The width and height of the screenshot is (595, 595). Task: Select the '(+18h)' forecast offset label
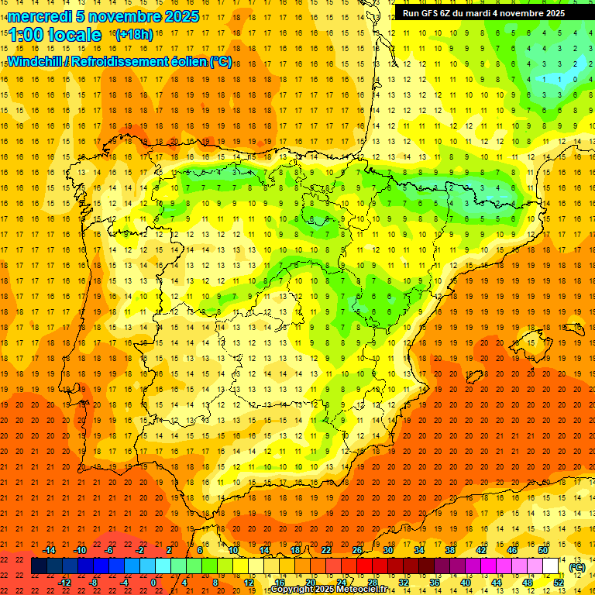(x=133, y=35)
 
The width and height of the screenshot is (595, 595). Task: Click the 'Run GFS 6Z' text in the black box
(x=427, y=13)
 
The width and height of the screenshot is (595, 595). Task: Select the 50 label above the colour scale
(x=543, y=550)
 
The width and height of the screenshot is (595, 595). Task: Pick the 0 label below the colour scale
(x=153, y=583)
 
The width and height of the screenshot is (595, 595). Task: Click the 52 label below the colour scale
(x=559, y=583)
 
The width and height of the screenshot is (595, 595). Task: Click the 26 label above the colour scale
(x=357, y=550)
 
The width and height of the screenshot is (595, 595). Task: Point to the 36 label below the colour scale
(x=435, y=583)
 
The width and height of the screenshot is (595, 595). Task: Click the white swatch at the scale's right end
(x=551, y=566)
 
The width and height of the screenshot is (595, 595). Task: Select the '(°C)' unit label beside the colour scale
(x=577, y=567)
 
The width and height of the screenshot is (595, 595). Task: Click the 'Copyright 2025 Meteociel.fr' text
(x=328, y=590)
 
